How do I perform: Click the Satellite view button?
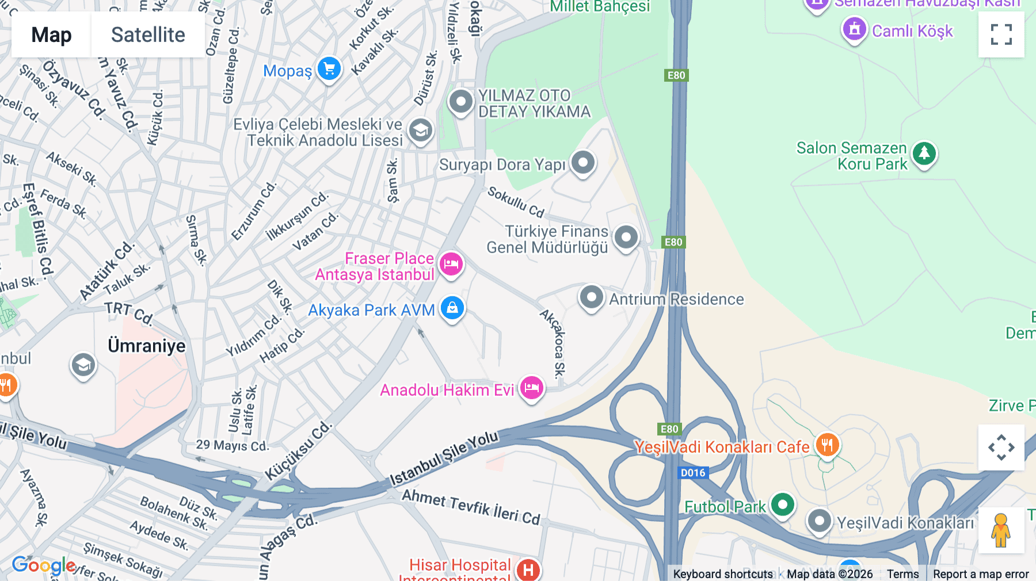(x=148, y=35)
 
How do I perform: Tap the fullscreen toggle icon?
(x=1001, y=35)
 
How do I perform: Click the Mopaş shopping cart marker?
(x=329, y=69)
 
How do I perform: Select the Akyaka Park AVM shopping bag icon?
(x=452, y=308)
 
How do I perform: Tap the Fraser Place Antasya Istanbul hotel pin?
(x=452, y=265)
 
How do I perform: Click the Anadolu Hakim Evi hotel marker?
(x=531, y=388)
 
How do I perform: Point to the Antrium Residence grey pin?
(x=591, y=297)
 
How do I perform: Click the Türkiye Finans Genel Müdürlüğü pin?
(x=626, y=237)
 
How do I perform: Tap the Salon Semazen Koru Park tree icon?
(x=924, y=154)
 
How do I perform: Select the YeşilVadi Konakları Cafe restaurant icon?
(x=827, y=445)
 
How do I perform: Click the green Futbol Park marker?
(x=782, y=505)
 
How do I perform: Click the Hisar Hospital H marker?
(x=528, y=569)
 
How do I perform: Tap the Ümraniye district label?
(x=147, y=346)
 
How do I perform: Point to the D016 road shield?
(x=692, y=473)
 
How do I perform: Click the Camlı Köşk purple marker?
(x=855, y=29)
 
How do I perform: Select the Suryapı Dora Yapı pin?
(x=583, y=163)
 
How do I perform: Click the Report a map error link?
(x=980, y=574)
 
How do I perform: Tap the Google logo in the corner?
(x=44, y=565)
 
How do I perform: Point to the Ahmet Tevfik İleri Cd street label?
(x=471, y=507)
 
